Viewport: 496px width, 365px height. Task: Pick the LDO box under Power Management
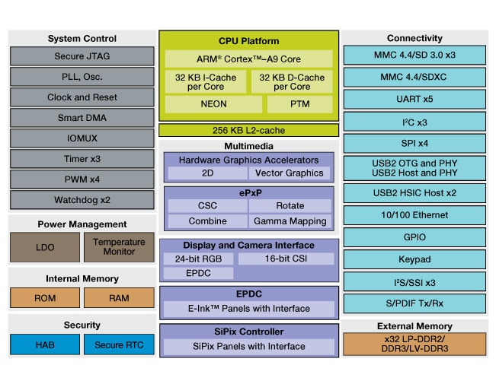pyautogui.click(x=44, y=247)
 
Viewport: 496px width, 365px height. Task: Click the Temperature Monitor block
pyautogui.click(x=119, y=247)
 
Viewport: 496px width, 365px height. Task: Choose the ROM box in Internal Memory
pyautogui.click(x=44, y=298)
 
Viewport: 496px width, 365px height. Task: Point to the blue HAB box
pyautogui.click(x=44, y=344)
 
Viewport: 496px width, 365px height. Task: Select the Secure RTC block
pyautogui.click(x=119, y=344)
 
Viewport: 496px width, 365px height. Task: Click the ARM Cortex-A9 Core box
pyautogui.click(x=248, y=59)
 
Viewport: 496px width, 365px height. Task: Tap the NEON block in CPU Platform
pyautogui.click(x=213, y=104)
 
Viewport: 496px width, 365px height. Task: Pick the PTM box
pyautogui.click(x=299, y=104)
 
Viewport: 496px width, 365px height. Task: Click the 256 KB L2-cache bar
pyautogui.click(x=248, y=130)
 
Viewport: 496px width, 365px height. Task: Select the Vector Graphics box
pyautogui.click(x=290, y=173)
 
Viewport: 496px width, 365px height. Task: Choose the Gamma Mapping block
pyautogui.click(x=290, y=221)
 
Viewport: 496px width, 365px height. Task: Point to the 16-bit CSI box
pyautogui.click(x=286, y=259)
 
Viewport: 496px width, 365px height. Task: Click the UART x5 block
pyautogui.click(x=414, y=99)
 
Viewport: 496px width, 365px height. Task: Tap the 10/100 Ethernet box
pyautogui.click(x=414, y=214)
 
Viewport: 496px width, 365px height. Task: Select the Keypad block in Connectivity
pyautogui.click(x=414, y=259)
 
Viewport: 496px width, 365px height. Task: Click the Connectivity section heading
pyautogui.click(x=414, y=38)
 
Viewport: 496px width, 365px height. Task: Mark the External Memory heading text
pyautogui.click(x=414, y=326)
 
